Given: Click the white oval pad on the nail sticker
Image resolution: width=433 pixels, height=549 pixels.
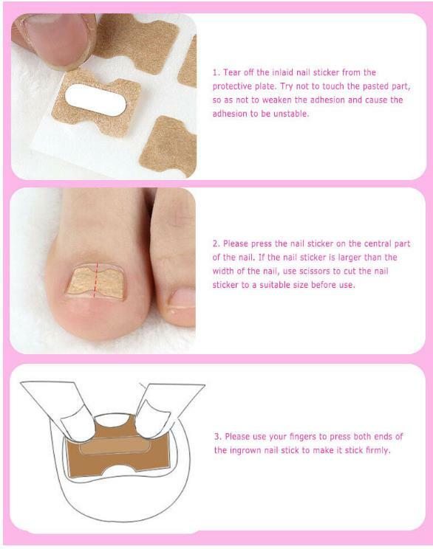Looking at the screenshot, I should [95, 100].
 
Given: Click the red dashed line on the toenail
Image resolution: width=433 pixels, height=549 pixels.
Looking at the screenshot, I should [94, 279].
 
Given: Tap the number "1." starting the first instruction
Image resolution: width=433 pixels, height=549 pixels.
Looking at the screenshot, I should [216, 72].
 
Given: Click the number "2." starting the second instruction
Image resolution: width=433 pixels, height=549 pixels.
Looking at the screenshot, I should [216, 244].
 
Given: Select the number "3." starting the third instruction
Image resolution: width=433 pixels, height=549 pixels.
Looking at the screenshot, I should [216, 436].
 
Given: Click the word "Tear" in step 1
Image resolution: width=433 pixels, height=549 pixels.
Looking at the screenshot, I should [234, 72].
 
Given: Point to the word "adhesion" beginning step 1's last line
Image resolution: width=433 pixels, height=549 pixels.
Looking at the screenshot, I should [231, 114].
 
